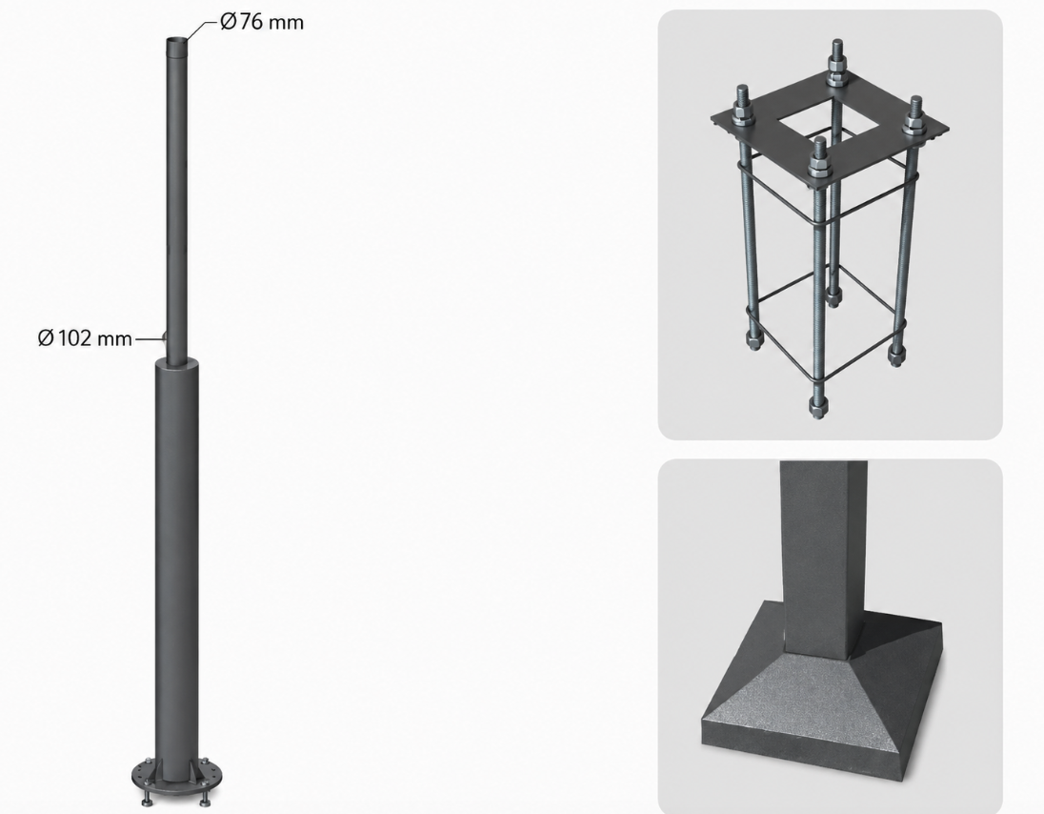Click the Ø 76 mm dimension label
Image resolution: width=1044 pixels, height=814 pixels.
tap(262, 22)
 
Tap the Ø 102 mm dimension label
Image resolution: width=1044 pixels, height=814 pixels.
tap(85, 338)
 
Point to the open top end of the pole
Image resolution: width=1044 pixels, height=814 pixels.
tap(176, 41)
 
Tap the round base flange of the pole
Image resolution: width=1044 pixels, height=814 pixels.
tap(177, 777)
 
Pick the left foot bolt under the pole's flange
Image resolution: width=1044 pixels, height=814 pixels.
tap(147, 799)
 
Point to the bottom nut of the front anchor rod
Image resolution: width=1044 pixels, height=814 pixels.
tap(817, 405)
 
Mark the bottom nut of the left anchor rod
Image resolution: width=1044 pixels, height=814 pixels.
tap(753, 340)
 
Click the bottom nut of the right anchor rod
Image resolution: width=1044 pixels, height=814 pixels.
tap(896, 353)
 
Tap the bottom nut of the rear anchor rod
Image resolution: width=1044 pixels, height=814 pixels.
tap(833, 295)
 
